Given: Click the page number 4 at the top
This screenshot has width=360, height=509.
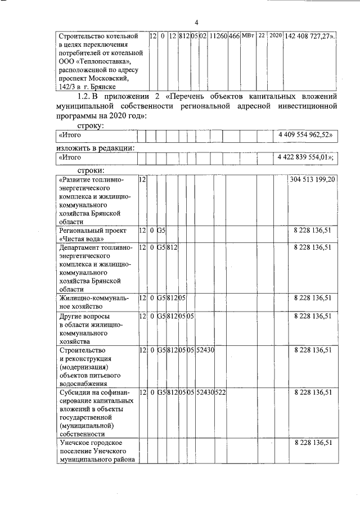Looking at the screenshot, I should pos(197,22).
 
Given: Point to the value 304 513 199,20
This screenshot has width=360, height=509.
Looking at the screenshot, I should pos(313,179).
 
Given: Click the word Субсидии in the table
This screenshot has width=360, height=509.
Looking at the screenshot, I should pos(75,392).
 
